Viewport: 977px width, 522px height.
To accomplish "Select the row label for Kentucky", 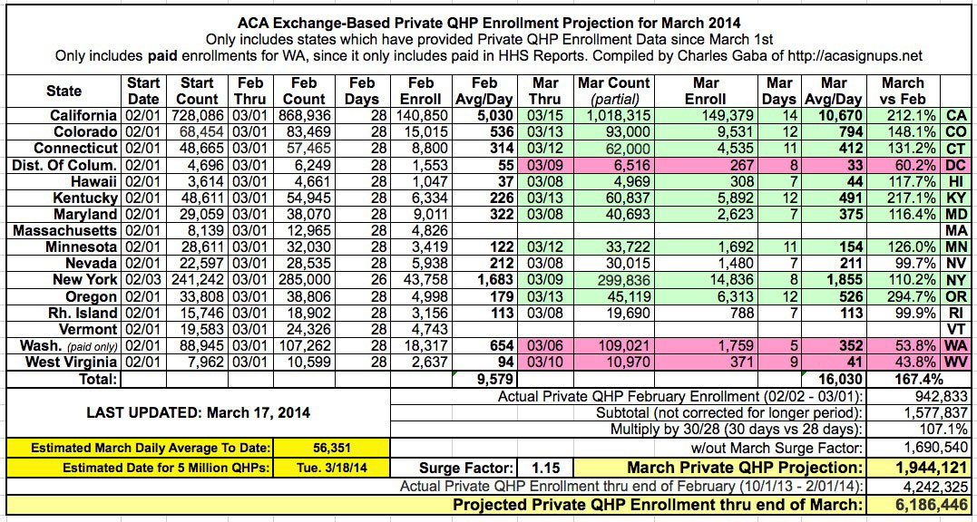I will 86,198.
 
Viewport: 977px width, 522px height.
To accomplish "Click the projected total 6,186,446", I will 919,506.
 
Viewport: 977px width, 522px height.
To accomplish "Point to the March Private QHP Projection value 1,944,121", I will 919,469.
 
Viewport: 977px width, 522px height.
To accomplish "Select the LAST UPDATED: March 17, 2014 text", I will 198,412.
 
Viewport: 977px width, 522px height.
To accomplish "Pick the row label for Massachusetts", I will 65,230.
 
